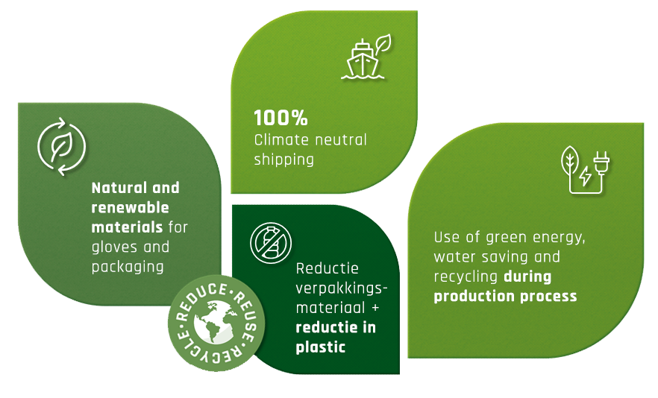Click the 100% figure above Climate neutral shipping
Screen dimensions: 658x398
pyautogui.click(x=281, y=118)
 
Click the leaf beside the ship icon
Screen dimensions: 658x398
pyautogui.click(x=383, y=44)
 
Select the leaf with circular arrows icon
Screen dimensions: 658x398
pyautogui.click(x=62, y=146)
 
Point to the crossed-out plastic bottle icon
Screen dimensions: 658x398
pyautogui.click(x=271, y=243)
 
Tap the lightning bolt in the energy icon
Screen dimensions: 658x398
pyautogui.click(x=585, y=176)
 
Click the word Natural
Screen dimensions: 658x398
pyautogui.click(x=119, y=188)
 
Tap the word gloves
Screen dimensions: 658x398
pyautogui.click(x=115, y=247)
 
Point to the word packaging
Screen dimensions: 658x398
pyautogui.click(x=128, y=267)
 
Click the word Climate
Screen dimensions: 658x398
pyautogui.click(x=281, y=139)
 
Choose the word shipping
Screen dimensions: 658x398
pyautogui.click(x=284, y=159)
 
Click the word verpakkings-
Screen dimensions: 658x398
pyautogui.click(x=342, y=288)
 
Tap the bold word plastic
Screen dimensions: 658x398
pyautogui.click(x=321, y=347)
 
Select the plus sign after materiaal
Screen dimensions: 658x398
pyautogui.click(x=375, y=308)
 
